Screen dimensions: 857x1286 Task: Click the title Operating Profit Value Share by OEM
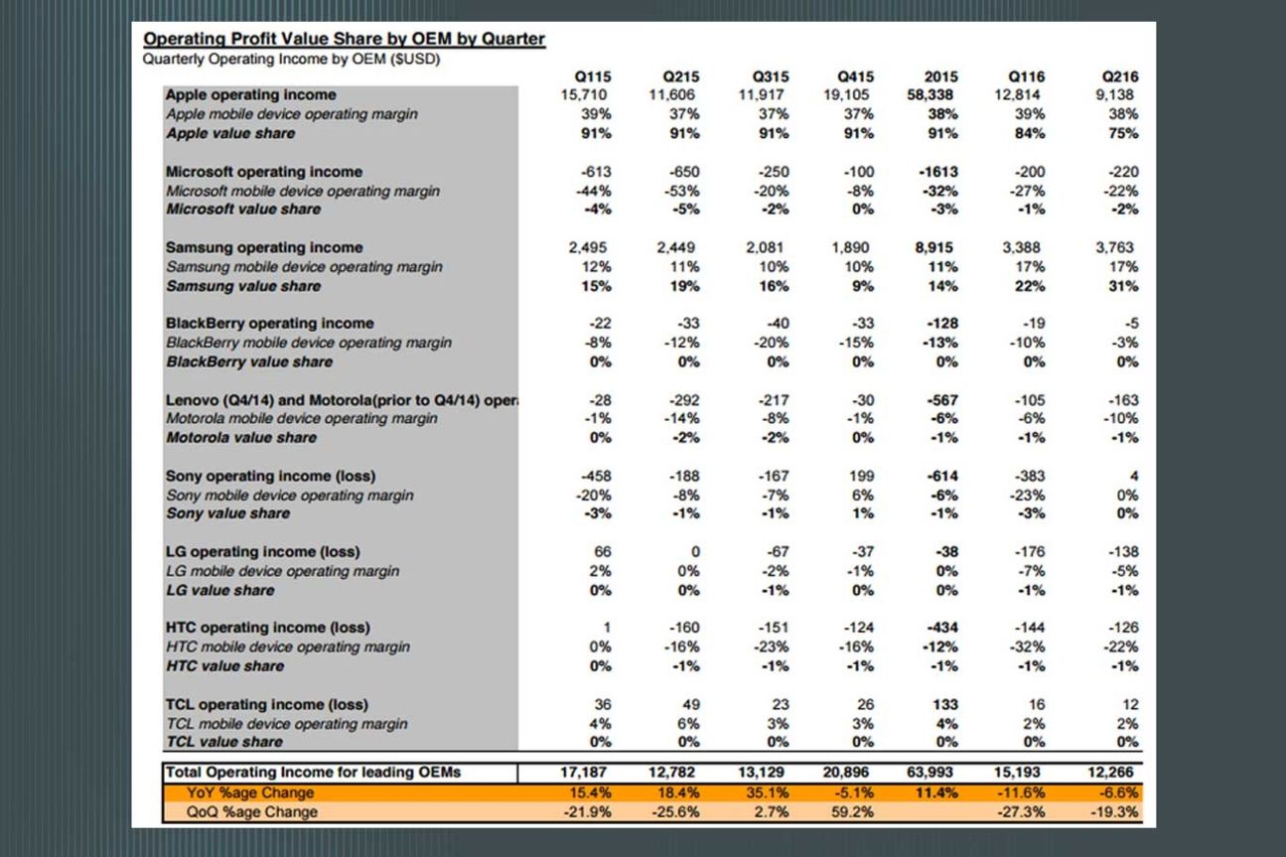(344, 40)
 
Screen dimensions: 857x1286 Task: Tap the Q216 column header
(1120, 76)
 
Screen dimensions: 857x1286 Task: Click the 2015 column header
(940, 76)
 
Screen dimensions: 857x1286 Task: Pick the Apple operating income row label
(250, 95)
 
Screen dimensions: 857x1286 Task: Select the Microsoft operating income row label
(263, 172)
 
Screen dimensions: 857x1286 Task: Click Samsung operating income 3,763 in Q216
(1117, 248)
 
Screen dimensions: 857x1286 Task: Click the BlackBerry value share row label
(248, 361)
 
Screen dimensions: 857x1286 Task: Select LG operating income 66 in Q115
(603, 552)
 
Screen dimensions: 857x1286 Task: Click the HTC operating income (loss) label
(267, 628)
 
